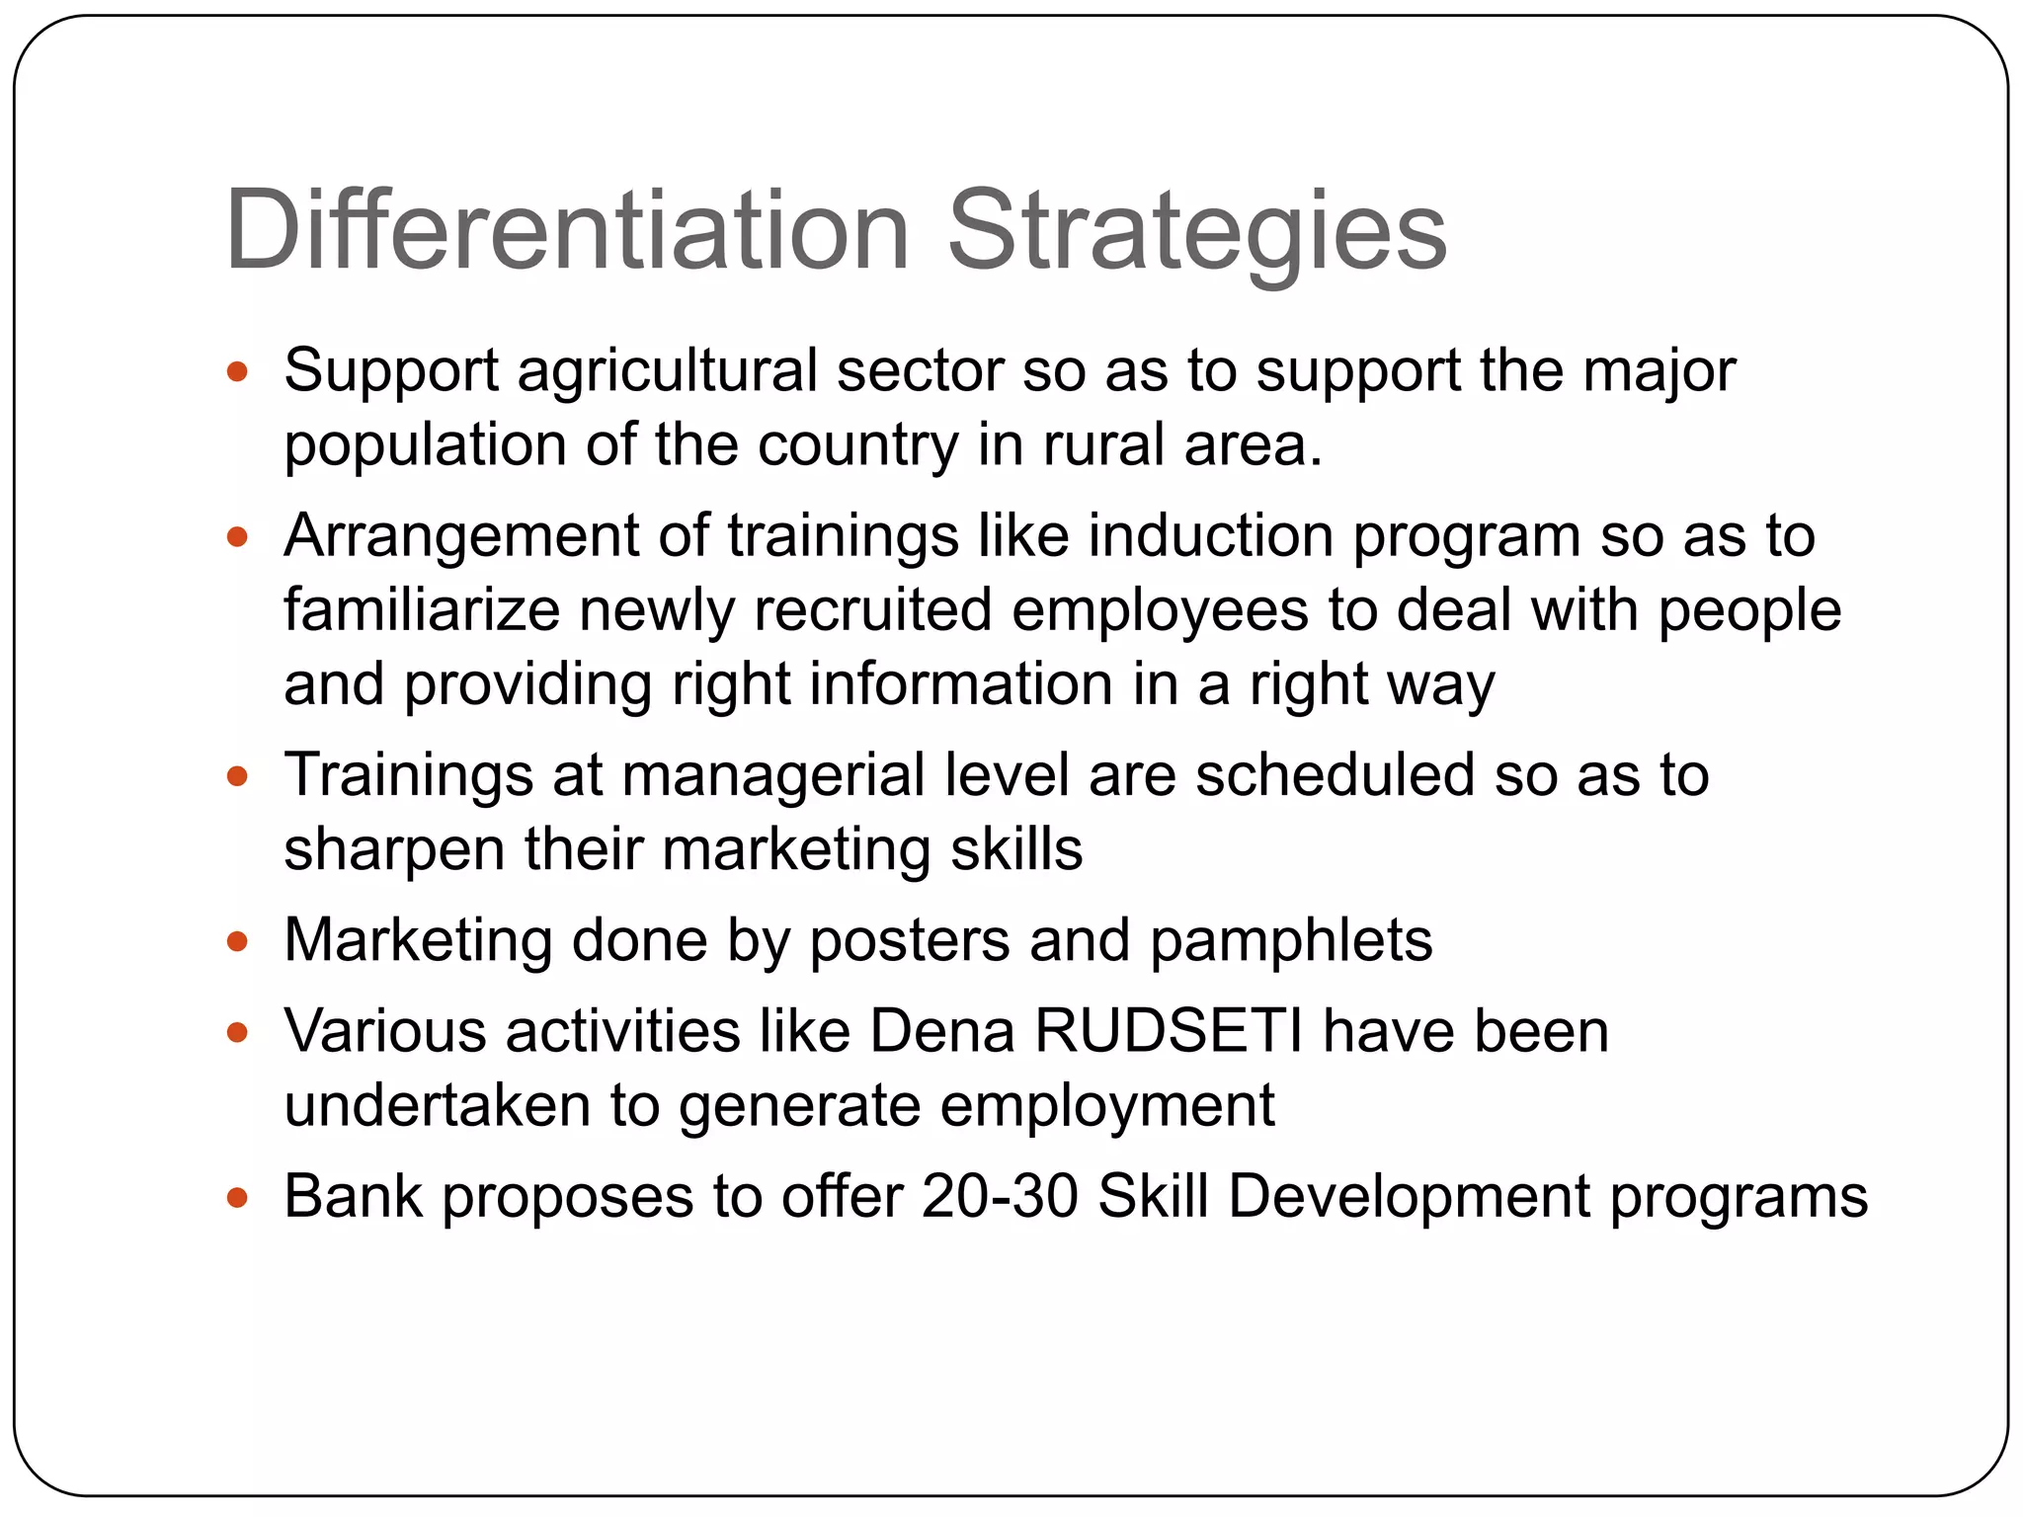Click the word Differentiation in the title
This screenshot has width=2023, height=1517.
tap(566, 231)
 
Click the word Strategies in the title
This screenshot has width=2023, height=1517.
tap(1196, 231)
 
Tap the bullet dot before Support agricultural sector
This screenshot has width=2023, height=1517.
tap(236, 372)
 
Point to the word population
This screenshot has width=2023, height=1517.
tap(425, 446)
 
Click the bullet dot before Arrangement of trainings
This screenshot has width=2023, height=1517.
tap(236, 538)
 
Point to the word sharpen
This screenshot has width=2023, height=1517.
tap(394, 849)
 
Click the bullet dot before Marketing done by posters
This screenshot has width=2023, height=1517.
tap(236, 941)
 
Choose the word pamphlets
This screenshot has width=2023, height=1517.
tap(1291, 941)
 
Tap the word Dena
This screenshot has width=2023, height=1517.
tap(942, 1031)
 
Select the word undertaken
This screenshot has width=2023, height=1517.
tap(437, 1105)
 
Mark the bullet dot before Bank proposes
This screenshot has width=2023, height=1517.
tap(236, 1199)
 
